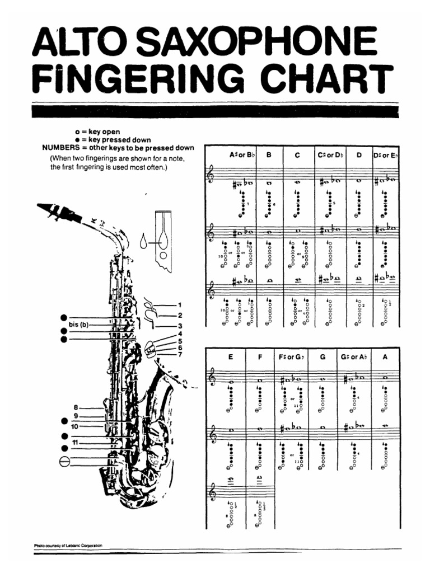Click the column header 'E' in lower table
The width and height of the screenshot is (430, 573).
coord(230,356)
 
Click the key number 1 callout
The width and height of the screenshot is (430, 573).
coord(180,305)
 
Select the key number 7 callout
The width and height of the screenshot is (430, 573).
coord(180,354)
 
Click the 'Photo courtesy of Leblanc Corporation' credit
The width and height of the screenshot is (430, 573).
coord(69,545)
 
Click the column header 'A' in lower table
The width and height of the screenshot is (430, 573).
coord(385,356)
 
